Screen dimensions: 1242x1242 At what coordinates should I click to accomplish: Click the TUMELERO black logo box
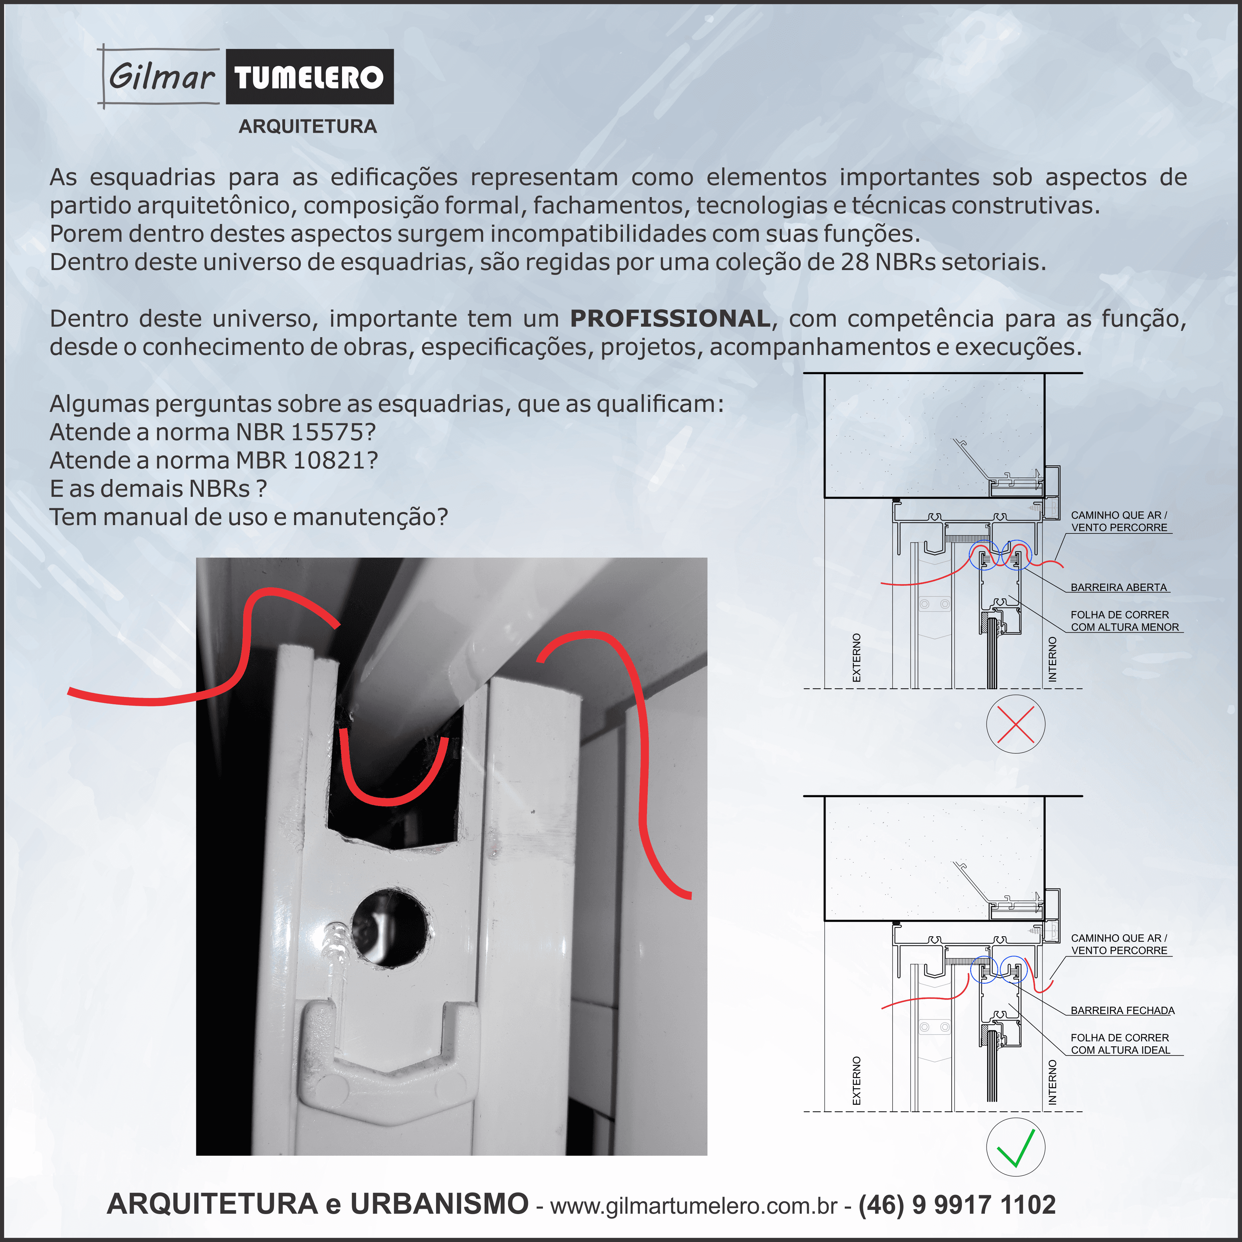309,77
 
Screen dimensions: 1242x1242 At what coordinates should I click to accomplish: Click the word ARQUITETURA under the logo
307,126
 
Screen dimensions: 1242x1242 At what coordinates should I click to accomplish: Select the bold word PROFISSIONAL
670,318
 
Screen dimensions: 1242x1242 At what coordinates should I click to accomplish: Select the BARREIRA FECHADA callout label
1123,1011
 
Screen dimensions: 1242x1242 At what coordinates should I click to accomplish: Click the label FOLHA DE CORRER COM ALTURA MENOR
1125,621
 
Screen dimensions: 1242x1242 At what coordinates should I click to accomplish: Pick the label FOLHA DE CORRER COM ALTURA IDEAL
1120,1044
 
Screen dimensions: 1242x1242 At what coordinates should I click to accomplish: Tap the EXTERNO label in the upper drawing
856,658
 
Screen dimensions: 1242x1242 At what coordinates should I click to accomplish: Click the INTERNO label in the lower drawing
1052,1083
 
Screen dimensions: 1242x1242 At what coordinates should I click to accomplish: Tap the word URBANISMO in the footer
439,1204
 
